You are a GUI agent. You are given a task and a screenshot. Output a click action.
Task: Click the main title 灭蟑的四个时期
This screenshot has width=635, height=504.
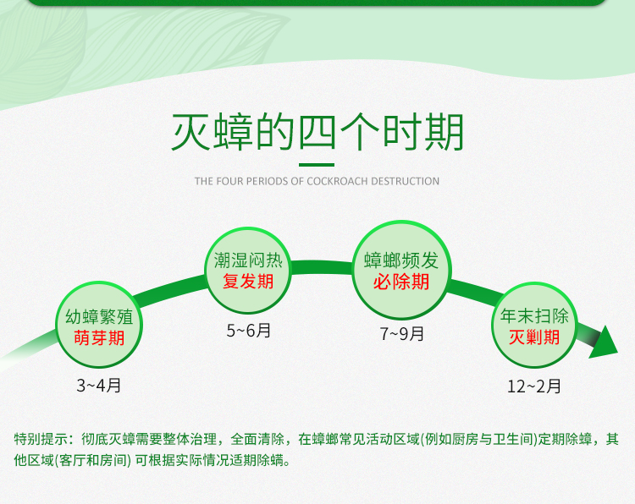[317, 132]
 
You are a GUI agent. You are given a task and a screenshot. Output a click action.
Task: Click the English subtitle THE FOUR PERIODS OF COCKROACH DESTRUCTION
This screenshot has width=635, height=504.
[317, 181]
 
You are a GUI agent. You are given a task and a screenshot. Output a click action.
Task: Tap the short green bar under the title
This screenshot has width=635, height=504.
[317, 165]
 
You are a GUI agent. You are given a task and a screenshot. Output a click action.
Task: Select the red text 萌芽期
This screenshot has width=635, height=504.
[99, 337]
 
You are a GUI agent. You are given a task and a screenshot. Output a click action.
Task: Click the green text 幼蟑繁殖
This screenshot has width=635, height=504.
[99, 317]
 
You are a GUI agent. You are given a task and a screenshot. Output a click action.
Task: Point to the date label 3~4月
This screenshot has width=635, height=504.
[99, 385]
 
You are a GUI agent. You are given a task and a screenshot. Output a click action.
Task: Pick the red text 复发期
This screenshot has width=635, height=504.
[248, 281]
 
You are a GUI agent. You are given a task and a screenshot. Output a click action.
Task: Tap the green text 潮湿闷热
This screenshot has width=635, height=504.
[248, 260]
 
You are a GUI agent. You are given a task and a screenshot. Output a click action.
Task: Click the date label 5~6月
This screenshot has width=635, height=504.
[249, 331]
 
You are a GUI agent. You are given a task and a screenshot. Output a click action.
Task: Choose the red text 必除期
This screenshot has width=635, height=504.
[401, 282]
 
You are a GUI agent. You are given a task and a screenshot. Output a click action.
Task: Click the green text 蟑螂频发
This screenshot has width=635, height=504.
[401, 260]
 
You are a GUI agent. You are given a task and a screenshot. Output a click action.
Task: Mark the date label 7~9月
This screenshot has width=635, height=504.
[401, 334]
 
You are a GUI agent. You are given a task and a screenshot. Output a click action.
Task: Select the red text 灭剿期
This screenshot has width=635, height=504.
[534, 337]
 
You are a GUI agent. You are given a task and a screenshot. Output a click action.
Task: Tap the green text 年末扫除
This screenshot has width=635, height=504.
[534, 316]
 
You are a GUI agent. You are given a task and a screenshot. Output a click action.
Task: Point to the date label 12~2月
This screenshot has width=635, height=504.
[534, 386]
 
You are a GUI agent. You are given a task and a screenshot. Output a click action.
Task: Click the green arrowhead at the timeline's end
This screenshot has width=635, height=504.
[603, 343]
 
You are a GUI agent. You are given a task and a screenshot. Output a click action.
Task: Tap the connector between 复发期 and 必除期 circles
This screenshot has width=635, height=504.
[322, 267]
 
